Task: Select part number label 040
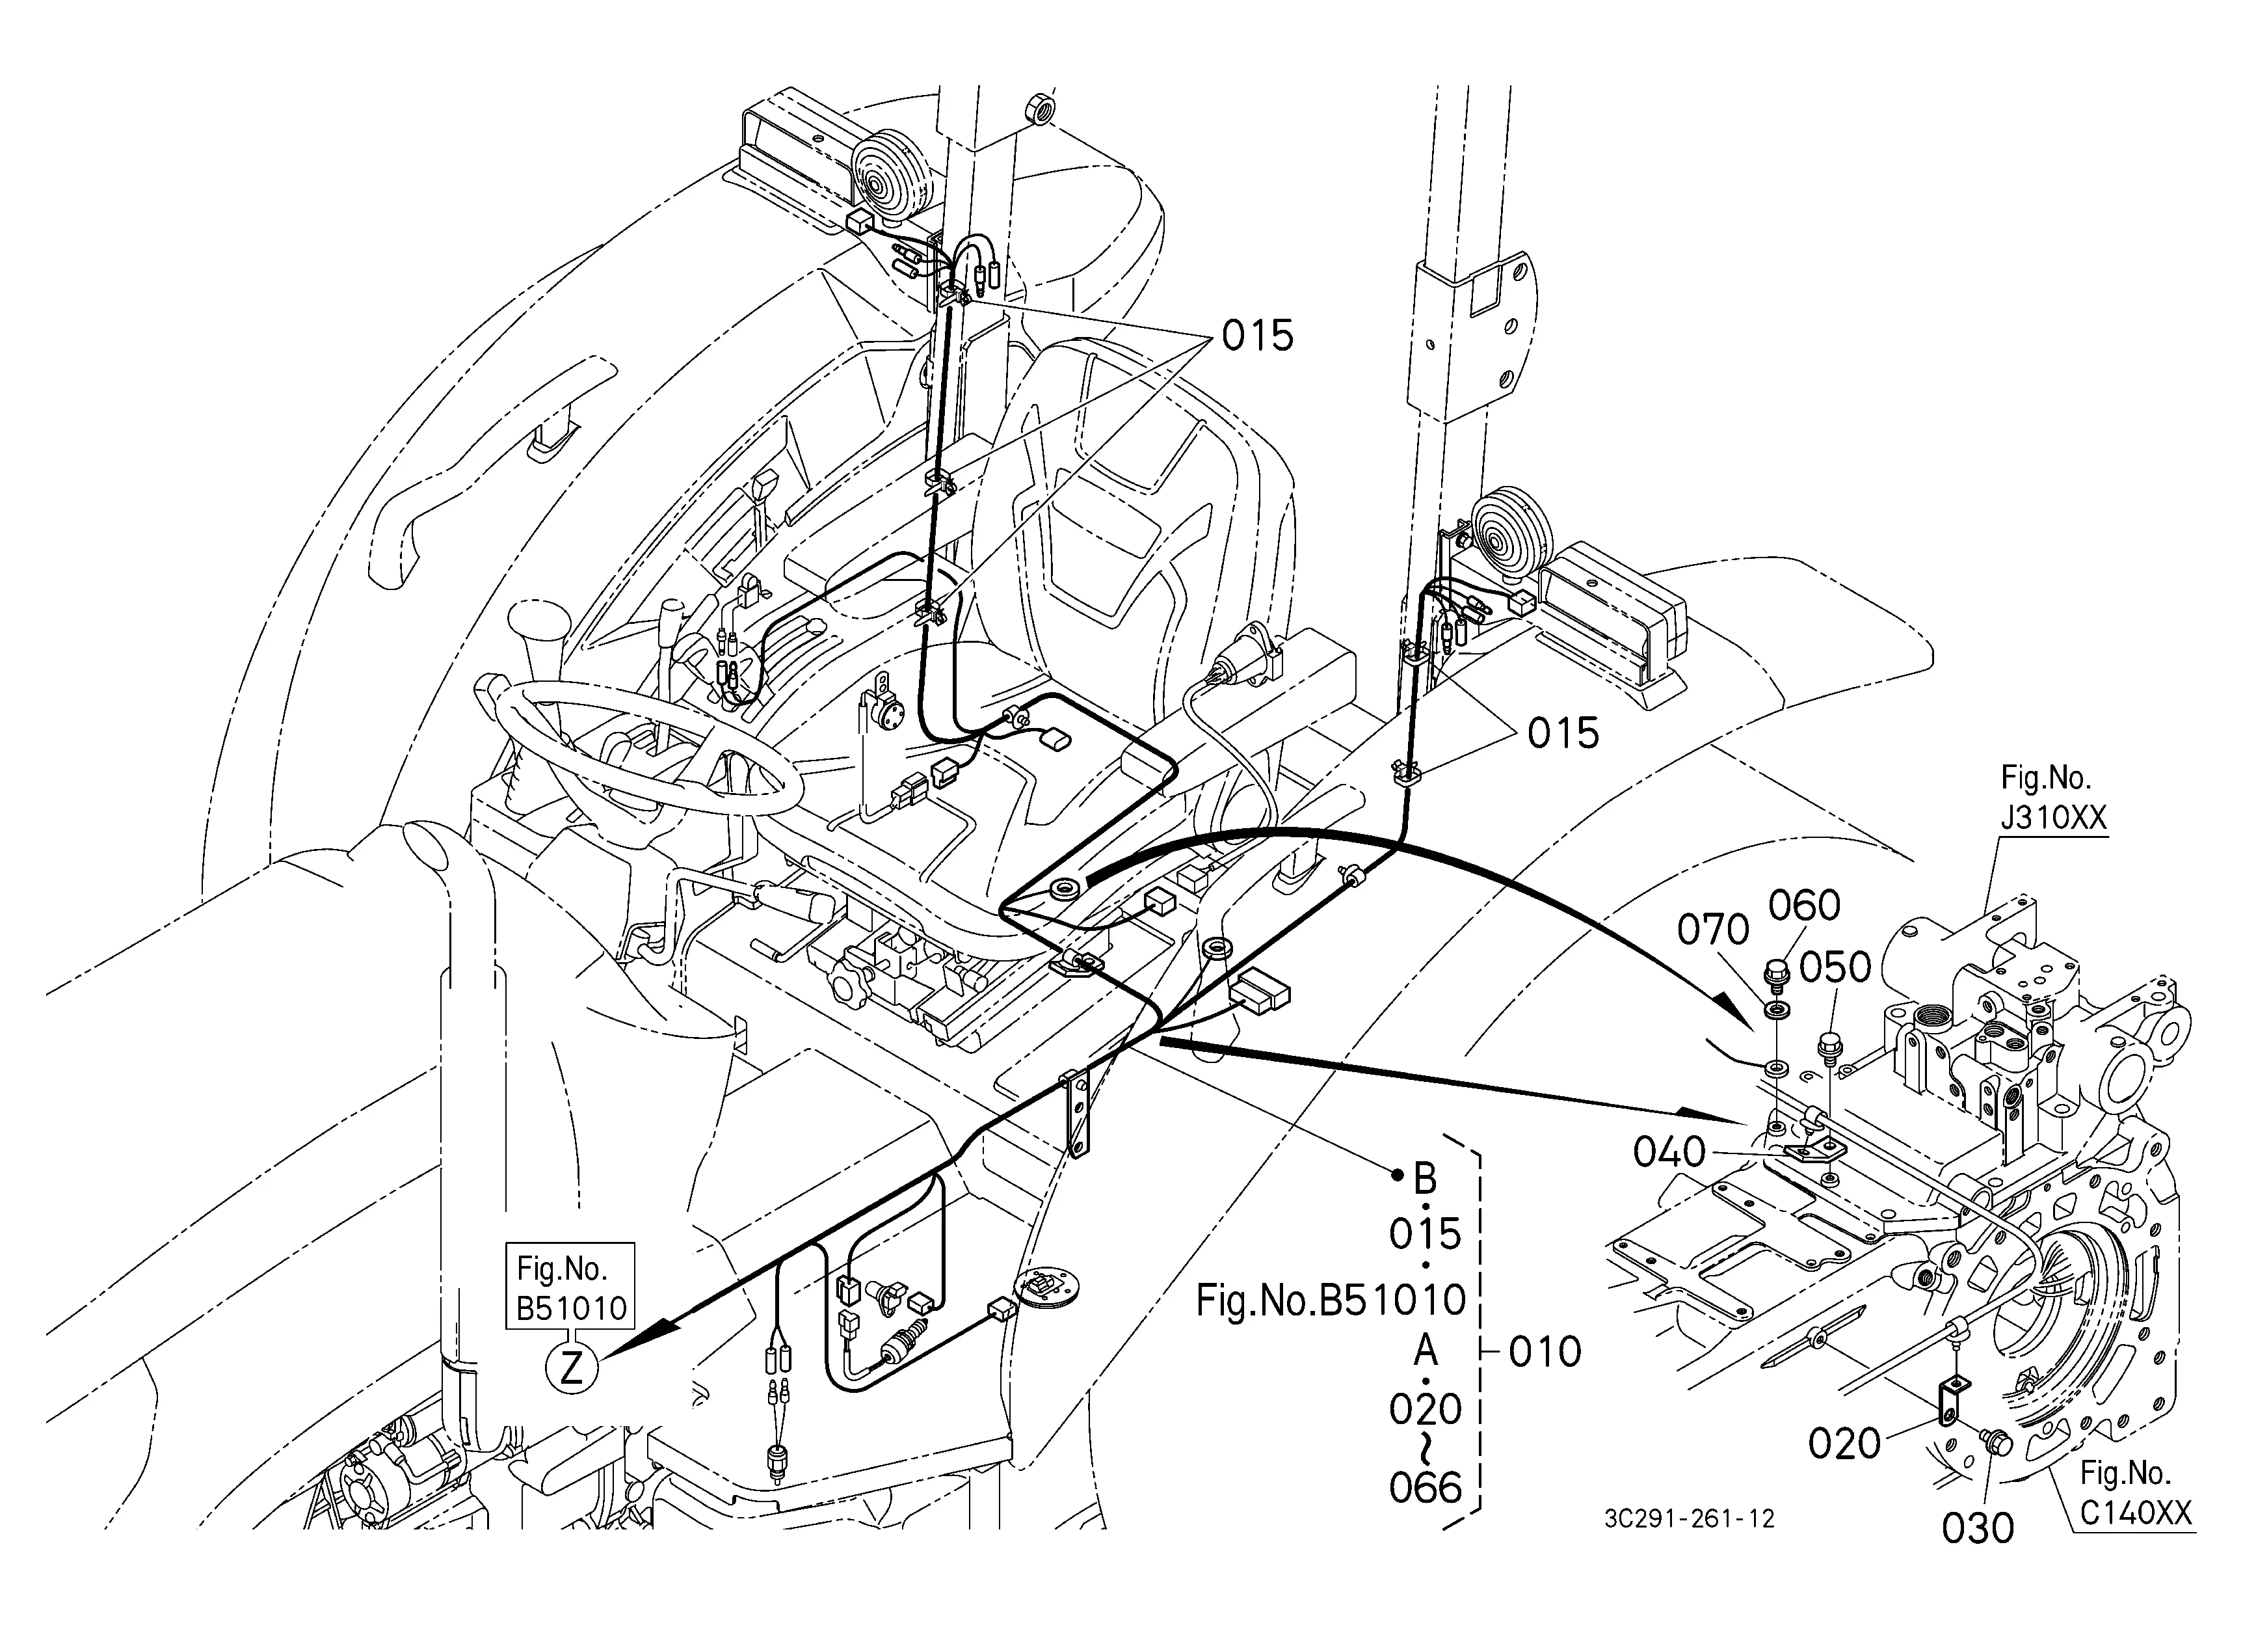1669,1151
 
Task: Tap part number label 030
1978,1528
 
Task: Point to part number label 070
1713,930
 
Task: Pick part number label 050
1835,967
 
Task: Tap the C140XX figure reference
2135,1513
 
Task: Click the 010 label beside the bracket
1544,1351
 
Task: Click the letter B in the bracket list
1425,1178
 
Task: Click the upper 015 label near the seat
1257,336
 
